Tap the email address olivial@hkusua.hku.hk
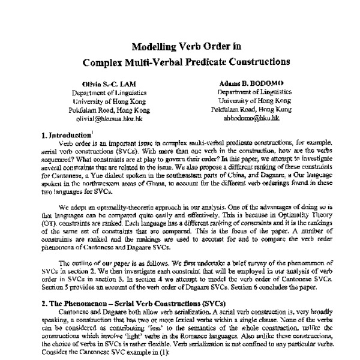pos(112,118)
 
